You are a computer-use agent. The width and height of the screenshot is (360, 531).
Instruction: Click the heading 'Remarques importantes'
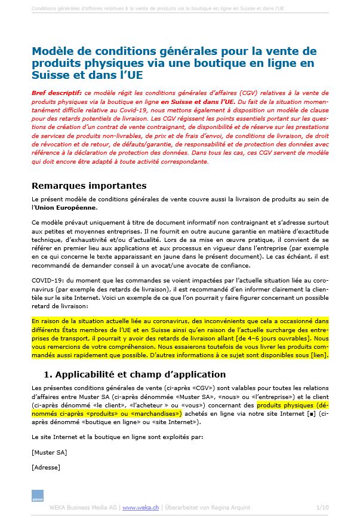[x=89, y=186]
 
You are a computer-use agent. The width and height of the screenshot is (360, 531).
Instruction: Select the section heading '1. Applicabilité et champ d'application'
[x=135, y=375]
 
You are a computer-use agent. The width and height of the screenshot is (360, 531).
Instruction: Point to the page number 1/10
[x=322, y=508]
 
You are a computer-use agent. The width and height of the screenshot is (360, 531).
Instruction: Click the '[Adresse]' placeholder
[x=46, y=467]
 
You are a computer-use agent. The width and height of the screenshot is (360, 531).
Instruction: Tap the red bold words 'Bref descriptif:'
[x=56, y=94]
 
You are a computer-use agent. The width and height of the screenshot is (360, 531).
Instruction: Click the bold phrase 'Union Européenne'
[x=66, y=207]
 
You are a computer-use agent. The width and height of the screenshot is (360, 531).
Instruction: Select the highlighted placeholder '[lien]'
[x=318, y=355]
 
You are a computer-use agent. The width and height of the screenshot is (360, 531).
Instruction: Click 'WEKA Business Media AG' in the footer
[x=84, y=508]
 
